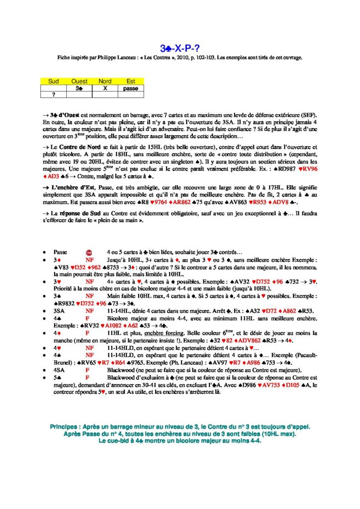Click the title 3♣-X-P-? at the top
coord(180,48)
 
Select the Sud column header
coord(53,81)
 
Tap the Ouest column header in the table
coord(79,81)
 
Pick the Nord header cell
coord(105,81)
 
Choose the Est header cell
coord(131,81)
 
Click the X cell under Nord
coord(105,87)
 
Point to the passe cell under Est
coord(131,87)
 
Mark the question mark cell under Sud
coord(53,94)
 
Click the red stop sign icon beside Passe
coord(90,253)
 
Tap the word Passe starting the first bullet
coord(60,253)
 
